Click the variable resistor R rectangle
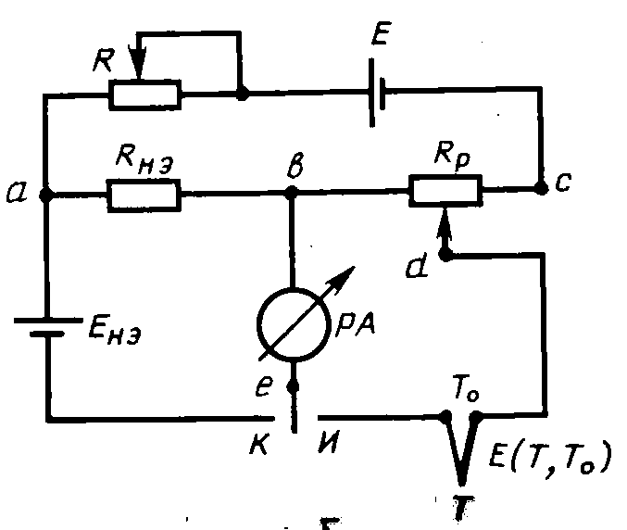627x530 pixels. point(145,94)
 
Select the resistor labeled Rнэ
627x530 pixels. point(145,195)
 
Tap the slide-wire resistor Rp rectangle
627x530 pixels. point(445,192)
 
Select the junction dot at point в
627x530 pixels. point(293,194)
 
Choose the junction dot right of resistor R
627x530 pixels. point(242,94)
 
